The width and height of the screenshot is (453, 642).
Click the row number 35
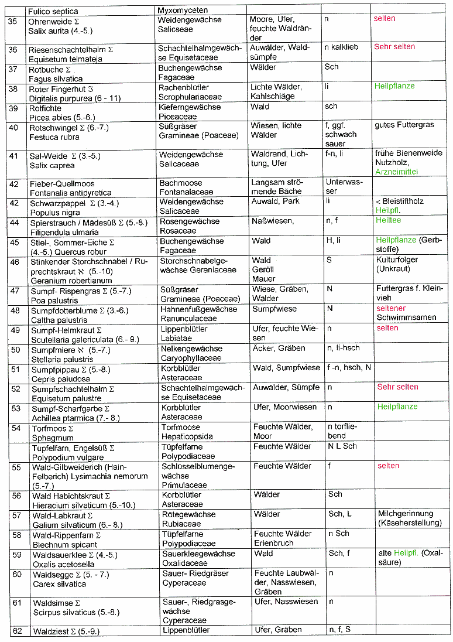tap(12, 21)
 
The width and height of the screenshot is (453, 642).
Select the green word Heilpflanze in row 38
tap(394, 86)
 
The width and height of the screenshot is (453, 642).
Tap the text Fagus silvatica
tap(56, 78)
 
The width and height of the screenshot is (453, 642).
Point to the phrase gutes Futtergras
tap(403, 125)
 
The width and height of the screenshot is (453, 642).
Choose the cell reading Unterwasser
tap(339, 187)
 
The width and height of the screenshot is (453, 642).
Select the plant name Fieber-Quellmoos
tap(61, 184)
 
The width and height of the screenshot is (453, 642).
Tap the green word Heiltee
tap(389, 220)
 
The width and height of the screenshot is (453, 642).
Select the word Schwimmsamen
tap(406, 317)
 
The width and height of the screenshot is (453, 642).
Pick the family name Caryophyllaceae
tap(191, 357)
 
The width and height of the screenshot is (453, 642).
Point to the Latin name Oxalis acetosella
tap(62, 563)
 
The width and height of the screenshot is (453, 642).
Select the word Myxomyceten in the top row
tap(182, 11)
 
